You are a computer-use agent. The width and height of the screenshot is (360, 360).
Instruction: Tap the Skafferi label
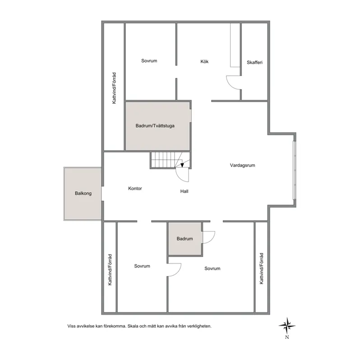click(255, 62)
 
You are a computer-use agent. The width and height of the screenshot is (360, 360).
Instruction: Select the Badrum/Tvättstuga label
click(155, 126)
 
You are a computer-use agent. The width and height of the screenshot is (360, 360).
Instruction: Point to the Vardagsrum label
click(243, 165)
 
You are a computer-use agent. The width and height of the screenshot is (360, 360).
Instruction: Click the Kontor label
click(135, 189)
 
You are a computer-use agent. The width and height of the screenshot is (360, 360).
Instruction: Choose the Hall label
click(184, 191)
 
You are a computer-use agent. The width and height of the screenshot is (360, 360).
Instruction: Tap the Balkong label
click(83, 194)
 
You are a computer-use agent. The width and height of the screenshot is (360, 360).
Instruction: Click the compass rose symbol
click(286, 324)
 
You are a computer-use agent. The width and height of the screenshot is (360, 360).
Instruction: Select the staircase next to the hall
click(165, 160)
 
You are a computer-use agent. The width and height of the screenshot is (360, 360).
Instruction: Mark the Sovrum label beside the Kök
click(149, 61)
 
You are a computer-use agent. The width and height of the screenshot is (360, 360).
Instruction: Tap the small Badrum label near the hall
click(185, 239)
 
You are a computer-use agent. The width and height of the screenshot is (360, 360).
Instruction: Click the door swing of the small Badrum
click(209, 237)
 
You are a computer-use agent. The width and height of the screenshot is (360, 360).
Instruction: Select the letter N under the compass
click(286, 337)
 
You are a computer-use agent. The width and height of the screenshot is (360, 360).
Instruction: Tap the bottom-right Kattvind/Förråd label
click(261, 268)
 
